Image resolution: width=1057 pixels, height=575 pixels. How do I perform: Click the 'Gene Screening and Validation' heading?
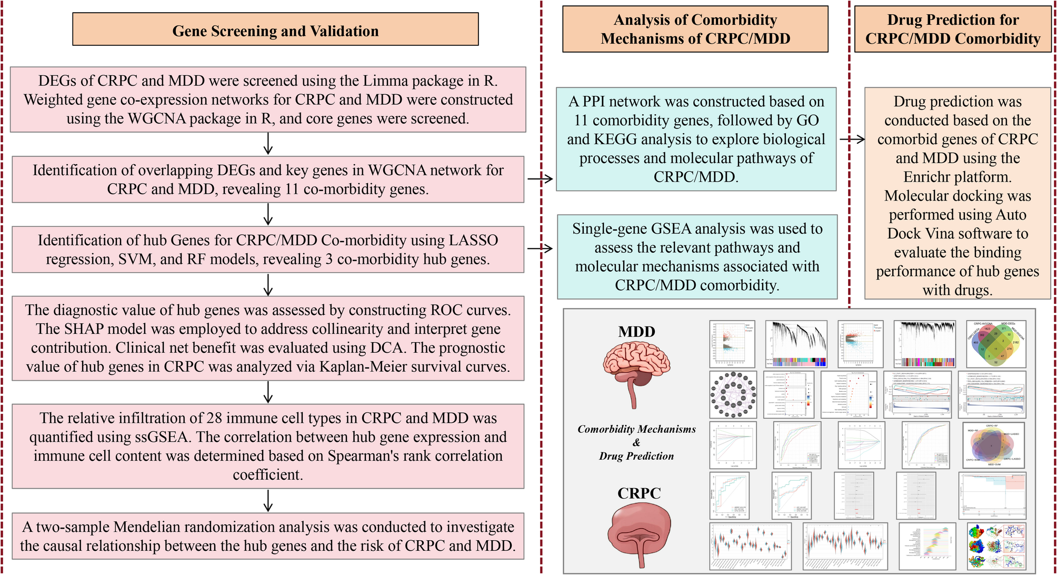coord(275,31)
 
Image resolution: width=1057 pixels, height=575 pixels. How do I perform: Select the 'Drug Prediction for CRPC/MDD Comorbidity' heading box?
coord(952,29)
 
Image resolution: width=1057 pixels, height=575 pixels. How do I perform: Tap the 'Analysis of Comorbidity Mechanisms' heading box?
coord(695,29)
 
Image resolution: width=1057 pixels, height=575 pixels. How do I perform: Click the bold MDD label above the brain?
coord(636,332)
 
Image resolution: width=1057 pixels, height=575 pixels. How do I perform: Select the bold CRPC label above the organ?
coord(639,493)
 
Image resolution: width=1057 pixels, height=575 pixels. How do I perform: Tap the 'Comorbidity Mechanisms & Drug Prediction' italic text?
coord(636,442)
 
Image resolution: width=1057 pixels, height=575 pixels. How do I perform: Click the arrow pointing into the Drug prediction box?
coord(852,139)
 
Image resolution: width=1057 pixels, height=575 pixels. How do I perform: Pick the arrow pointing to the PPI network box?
coord(540,179)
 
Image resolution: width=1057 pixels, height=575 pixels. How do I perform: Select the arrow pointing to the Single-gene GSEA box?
coord(540,249)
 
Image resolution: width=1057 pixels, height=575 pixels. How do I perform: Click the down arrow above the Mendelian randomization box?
coord(268,501)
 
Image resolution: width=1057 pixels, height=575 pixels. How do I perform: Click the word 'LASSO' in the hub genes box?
coord(473,240)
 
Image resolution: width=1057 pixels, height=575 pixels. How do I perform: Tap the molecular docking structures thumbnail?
coord(997,546)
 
